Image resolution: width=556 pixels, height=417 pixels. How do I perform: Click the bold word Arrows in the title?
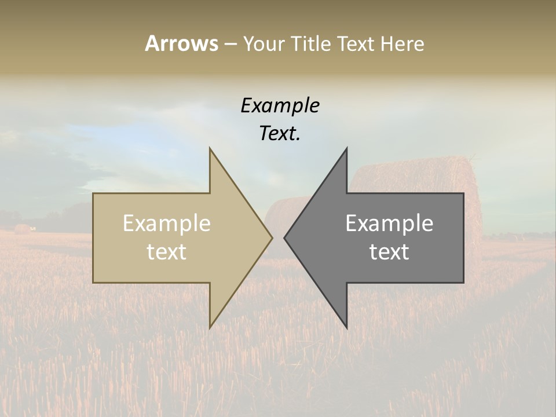click(x=181, y=43)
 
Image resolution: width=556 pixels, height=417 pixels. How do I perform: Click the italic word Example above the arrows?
click(x=280, y=105)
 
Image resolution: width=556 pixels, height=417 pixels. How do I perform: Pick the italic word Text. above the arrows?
click(x=280, y=133)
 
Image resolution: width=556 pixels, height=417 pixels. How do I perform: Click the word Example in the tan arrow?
click(x=166, y=224)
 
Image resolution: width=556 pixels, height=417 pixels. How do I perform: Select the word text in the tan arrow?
click(x=166, y=252)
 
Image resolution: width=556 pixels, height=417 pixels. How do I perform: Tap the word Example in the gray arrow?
click(x=389, y=224)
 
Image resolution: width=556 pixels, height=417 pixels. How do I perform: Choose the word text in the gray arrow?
click(x=389, y=252)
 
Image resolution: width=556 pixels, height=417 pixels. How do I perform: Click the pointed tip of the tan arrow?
click(x=272, y=237)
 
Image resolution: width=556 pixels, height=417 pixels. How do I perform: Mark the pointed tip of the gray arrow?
click(x=285, y=237)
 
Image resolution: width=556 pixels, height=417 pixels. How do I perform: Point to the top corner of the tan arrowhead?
click(x=210, y=149)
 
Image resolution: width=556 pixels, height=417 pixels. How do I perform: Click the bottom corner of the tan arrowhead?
click(x=210, y=327)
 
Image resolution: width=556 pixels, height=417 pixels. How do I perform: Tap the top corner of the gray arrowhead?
click(x=347, y=149)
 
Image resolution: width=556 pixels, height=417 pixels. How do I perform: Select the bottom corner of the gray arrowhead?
click(x=347, y=327)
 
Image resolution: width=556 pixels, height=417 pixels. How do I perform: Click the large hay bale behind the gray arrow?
click(x=417, y=174)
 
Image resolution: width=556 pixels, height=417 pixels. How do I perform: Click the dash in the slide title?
click(x=230, y=44)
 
